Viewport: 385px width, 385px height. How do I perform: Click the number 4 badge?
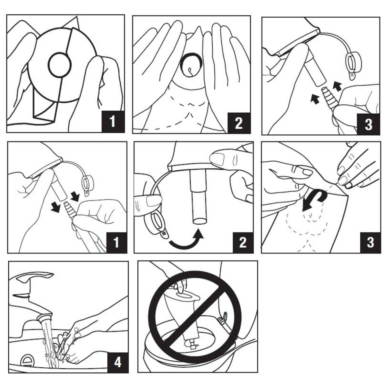point(117,362)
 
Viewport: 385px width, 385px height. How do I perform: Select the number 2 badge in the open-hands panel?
point(239,123)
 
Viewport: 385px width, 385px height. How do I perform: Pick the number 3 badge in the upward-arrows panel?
point(368,124)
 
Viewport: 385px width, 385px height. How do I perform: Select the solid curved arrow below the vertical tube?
point(186,243)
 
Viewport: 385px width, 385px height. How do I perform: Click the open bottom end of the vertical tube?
point(199,221)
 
